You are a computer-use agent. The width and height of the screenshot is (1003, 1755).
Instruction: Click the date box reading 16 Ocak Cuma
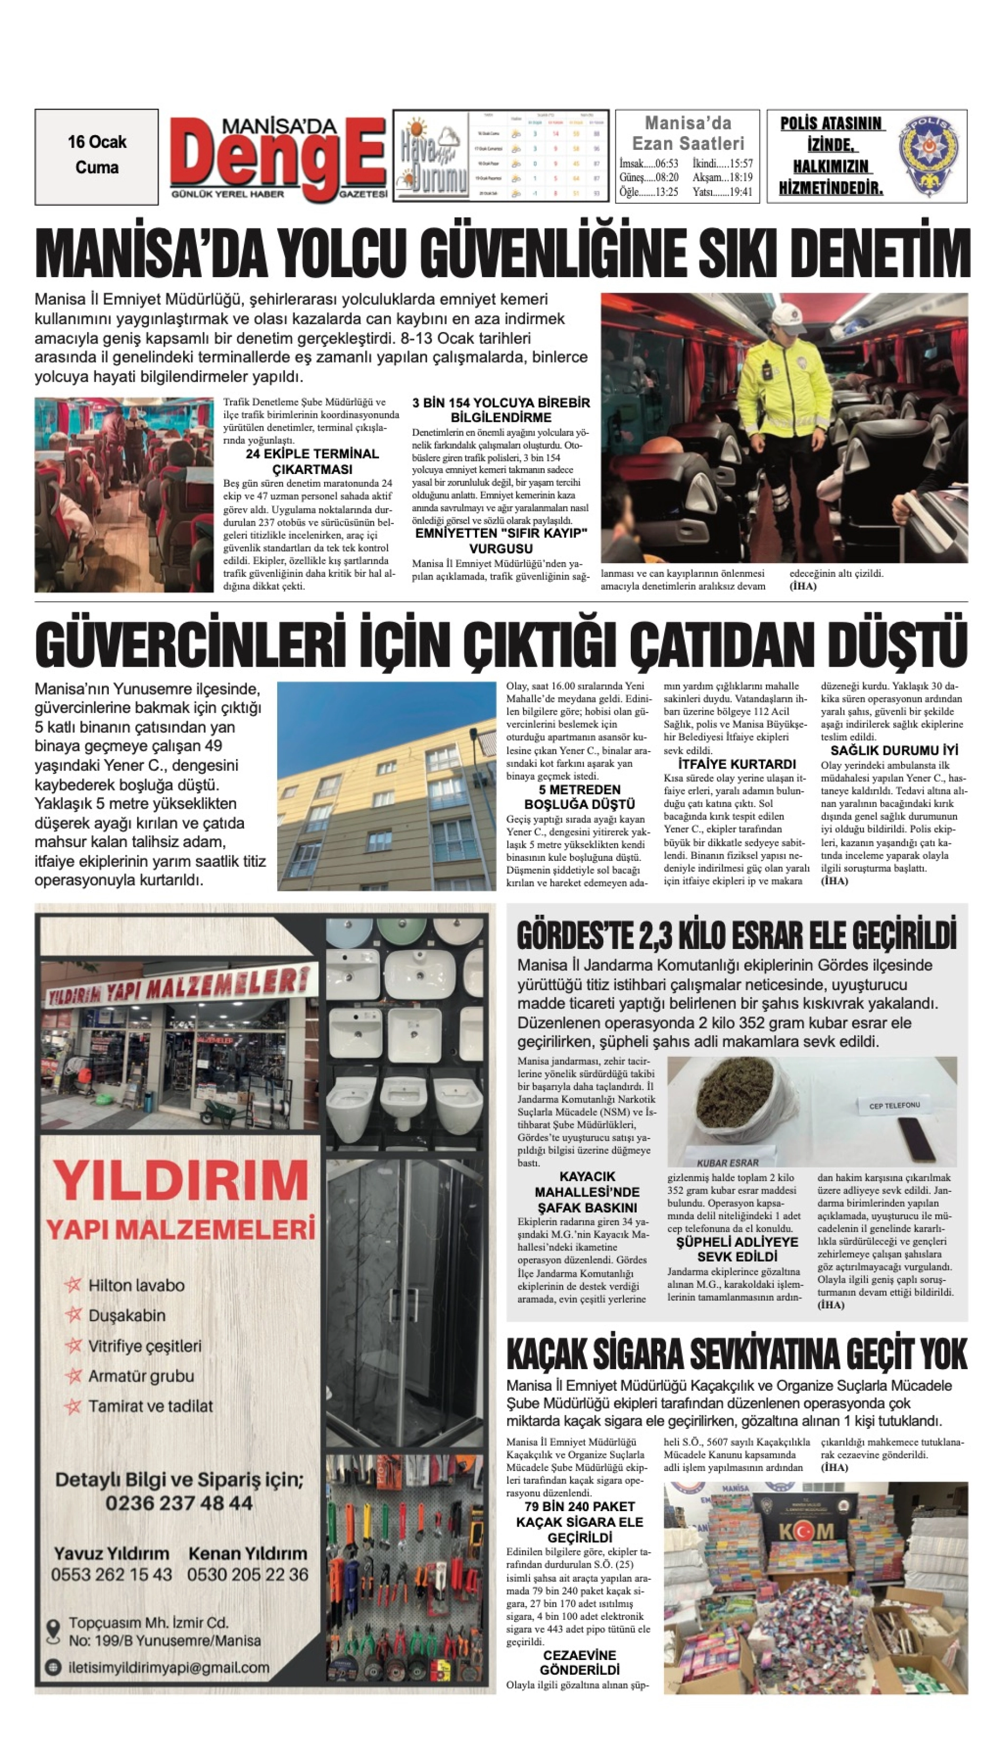(x=97, y=156)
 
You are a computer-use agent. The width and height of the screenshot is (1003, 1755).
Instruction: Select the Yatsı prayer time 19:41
(x=723, y=192)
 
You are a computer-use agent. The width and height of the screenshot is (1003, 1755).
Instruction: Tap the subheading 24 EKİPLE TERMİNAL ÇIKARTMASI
(x=312, y=461)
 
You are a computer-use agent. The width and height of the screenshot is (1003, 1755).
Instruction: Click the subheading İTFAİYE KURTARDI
(x=736, y=764)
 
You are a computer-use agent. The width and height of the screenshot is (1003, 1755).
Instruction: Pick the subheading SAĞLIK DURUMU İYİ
(x=894, y=750)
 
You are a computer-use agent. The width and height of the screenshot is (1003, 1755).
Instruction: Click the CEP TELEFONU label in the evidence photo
(x=894, y=1105)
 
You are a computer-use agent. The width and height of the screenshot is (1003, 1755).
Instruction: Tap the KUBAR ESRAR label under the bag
(x=727, y=1162)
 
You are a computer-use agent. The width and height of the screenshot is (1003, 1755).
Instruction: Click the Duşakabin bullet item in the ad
(x=127, y=1315)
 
